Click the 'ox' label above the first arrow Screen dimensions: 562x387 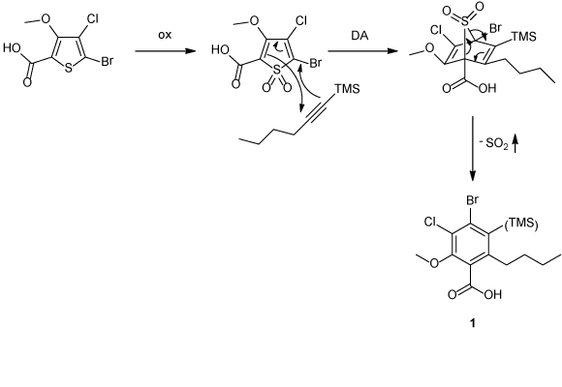165,35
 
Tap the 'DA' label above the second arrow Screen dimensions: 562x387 359,36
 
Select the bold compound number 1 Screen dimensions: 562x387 473,323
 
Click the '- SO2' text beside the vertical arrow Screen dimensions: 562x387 494,144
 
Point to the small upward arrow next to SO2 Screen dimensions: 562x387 515,144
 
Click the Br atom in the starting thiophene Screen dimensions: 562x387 107,61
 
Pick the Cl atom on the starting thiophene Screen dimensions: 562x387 92,19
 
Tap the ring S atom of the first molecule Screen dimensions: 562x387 68,69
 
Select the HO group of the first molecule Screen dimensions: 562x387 12,47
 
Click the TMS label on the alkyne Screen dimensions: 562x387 347,88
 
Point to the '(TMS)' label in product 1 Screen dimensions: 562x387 521,223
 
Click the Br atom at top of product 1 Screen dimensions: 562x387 473,200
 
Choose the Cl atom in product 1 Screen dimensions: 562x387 430,222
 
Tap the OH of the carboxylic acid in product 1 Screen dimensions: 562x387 493,295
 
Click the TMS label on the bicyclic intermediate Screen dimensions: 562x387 523,36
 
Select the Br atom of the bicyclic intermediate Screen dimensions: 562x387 495,28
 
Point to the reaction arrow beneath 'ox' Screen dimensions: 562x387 166,51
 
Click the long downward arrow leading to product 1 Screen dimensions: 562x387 473,148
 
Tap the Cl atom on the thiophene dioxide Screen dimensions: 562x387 301,21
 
